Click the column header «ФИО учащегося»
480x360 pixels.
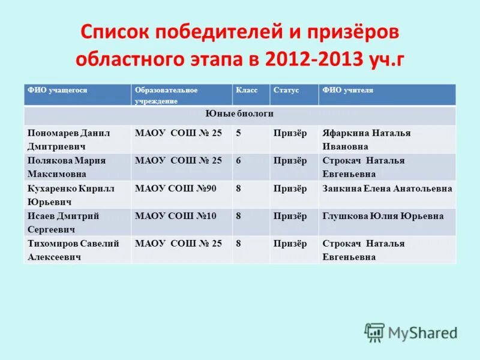pos(58,90)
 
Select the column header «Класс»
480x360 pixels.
pos(247,90)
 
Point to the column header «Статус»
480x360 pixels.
pos(286,90)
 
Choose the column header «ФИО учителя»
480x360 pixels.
pos(347,90)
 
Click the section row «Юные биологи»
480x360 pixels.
pos(239,113)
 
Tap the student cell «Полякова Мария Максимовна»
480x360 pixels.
pos(66,167)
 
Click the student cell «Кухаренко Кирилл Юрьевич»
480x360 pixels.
pos(71,194)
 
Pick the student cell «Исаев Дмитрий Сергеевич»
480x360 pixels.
pos(63,222)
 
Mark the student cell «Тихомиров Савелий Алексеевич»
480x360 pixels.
pos(73,250)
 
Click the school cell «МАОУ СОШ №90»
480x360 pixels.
pos(176,188)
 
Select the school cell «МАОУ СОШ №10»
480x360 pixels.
pos(176,216)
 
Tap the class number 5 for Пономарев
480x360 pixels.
pos(239,133)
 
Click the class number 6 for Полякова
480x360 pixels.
pos(239,161)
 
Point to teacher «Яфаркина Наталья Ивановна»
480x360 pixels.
pos(366,139)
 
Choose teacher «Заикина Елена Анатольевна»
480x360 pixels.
pos(387,188)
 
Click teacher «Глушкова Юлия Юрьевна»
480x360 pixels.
pos(383,216)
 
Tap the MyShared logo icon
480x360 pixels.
pos(374,332)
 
